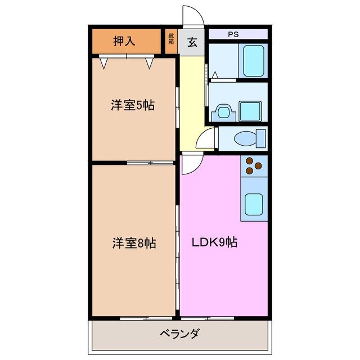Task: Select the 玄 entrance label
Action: point(192,42)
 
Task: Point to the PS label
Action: point(233,34)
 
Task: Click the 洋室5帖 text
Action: point(132,105)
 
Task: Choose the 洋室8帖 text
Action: point(133,243)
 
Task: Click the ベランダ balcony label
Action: point(178,334)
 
